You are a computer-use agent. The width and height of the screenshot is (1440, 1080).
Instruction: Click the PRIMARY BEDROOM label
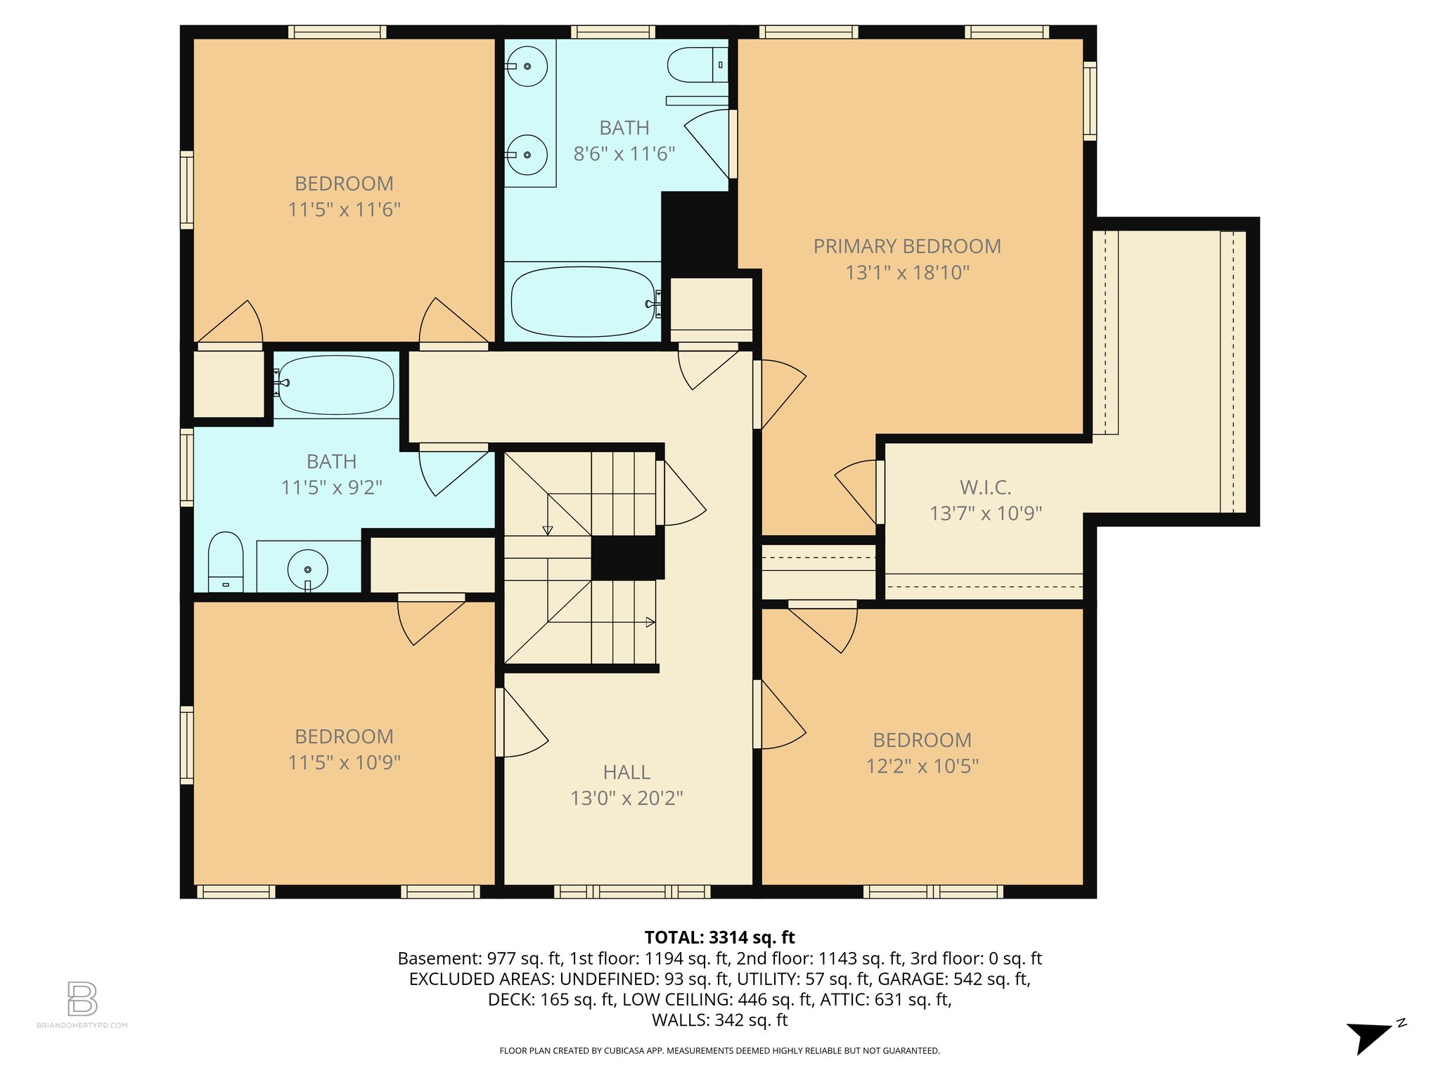pyautogui.click(x=907, y=247)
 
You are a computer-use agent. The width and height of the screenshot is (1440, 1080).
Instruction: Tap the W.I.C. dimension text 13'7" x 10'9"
pyautogui.click(x=985, y=513)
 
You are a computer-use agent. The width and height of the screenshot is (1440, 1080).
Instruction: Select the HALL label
pyautogui.click(x=626, y=772)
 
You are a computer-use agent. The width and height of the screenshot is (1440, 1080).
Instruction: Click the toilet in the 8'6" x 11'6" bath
pyautogui.click(x=696, y=65)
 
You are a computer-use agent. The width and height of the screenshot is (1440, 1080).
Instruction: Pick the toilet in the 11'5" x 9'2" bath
pyautogui.click(x=226, y=560)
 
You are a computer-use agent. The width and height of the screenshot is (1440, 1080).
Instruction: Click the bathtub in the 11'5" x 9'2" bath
pyautogui.click(x=335, y=385)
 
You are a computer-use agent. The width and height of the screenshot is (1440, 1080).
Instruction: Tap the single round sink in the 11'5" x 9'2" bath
pyautogui.click(x=308, y=569)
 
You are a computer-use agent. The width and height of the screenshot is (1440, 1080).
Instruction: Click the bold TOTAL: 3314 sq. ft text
pyautogui.click(x=719, y=937)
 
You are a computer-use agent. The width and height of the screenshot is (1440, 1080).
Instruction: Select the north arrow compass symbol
pyautogui.click(x=1371, y=1036)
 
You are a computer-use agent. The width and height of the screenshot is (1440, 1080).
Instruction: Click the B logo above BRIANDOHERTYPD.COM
pyautogui.click(x=82, y=998)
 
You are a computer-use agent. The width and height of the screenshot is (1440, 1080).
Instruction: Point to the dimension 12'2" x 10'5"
pyautogui.click(x=922, y=766)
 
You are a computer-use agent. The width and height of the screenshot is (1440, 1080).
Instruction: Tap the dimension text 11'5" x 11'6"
pyautogui.click(x=344, y=210)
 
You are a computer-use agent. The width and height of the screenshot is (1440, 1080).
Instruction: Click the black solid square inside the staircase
pyautogui.click(x=626, y=558)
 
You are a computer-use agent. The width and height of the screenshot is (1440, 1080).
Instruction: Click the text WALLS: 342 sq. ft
pyautogui.click(x=719, y=1020)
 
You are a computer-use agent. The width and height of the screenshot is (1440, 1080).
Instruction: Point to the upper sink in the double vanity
pyautogui.click(x=527, y=66)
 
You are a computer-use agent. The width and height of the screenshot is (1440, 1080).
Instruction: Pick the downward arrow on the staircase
pyautogui.click(x=548, y=529)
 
